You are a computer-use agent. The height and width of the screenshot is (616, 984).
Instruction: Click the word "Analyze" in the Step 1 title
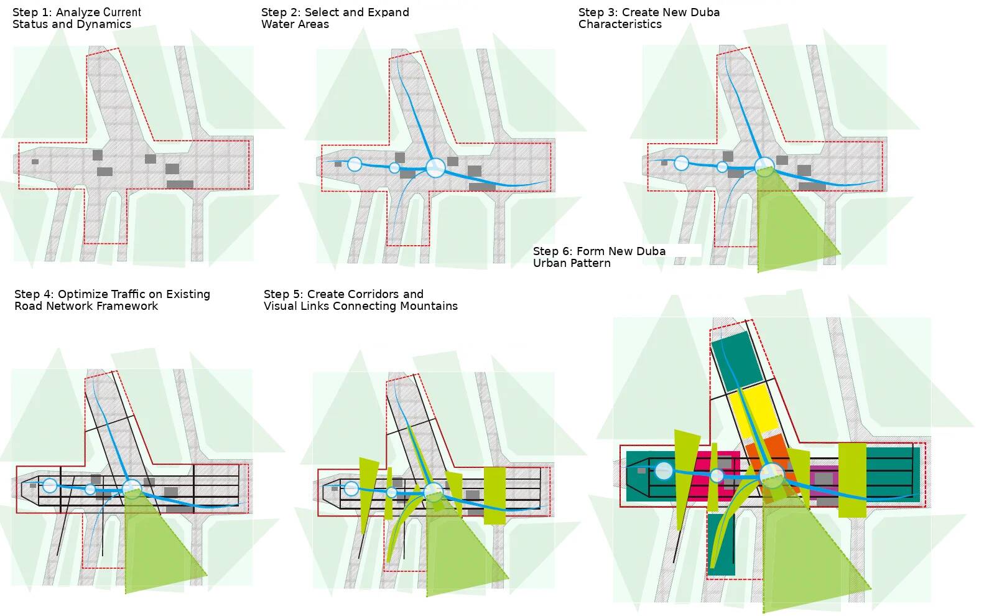77,12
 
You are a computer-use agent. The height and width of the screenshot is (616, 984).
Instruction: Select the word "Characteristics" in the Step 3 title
620,24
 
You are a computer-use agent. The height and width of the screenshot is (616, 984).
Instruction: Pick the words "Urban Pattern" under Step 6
571,263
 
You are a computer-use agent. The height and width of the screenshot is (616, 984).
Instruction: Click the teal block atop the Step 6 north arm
736,361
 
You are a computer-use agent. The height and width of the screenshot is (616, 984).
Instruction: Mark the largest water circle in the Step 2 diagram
435,167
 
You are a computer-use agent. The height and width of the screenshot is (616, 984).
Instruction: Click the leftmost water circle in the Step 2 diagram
355,164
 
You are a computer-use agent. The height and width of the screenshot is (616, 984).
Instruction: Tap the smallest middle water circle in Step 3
722,167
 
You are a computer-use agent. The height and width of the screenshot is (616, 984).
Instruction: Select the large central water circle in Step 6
772,475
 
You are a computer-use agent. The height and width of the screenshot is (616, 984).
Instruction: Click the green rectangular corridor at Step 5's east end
494,495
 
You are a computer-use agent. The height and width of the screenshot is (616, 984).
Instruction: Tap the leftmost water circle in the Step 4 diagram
50,485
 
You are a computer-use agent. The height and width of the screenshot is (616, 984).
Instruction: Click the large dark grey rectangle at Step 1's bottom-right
180,184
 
